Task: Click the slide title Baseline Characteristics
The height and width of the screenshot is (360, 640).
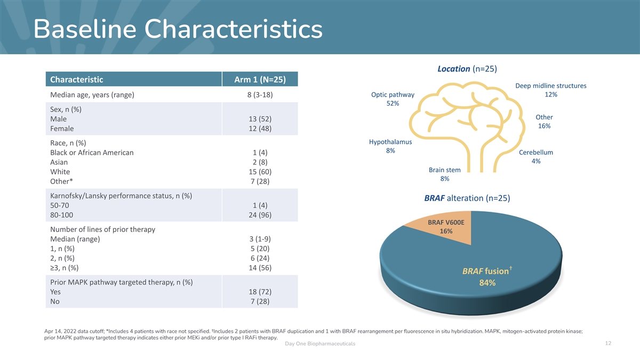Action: pos(178,29)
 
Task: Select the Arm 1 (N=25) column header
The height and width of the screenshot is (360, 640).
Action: pos(260,79)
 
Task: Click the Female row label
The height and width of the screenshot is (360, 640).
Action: pos(62,129)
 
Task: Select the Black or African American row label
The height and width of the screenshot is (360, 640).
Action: pos(92,153)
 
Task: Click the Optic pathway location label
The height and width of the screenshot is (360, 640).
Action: pos(393,95)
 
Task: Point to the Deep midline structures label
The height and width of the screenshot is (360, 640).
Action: pos(551,86)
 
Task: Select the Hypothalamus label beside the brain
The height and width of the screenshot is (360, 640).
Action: pos(390,142)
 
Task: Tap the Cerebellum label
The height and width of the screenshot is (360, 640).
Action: pos(536,153)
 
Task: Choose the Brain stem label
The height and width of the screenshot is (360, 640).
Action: pos(444,170)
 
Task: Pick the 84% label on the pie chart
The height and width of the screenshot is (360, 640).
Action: pos(487,283)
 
